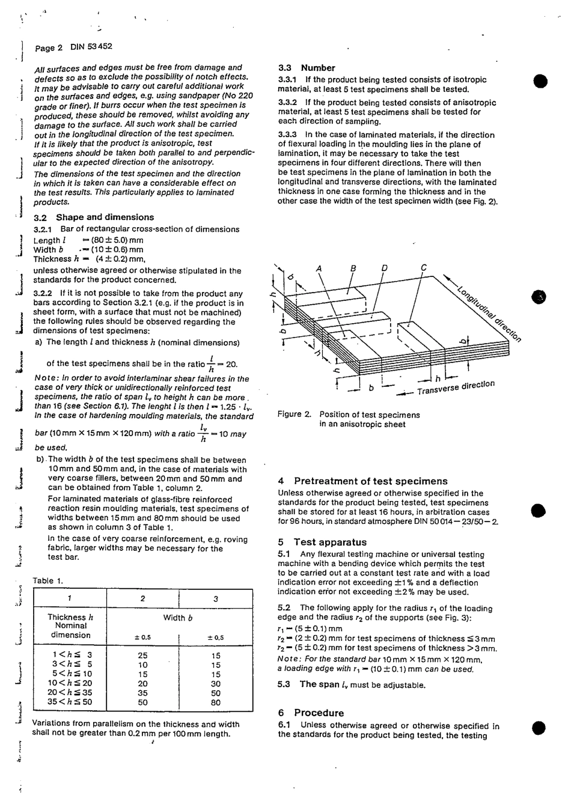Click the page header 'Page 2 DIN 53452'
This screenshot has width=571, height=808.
[x=73, y=47]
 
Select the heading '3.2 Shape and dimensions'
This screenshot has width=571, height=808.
[x=93, y=217]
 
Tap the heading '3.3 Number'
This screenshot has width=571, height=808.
[x=307, y=68]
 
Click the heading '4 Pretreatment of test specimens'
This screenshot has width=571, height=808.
[x=362, y=481]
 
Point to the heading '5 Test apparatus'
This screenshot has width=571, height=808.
[x=322, y=542]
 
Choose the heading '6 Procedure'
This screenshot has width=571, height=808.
[x=311, y=712]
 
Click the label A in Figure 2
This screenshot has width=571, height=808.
[x=319, y=268]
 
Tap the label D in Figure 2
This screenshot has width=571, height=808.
[x=384, y=268]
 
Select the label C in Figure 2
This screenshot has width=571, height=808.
[x=424, y=267]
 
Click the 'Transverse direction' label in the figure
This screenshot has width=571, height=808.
[x=456, y=388]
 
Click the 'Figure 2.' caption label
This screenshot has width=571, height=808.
[x=295, y=415]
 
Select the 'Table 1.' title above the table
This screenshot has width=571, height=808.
[x=47, y=580]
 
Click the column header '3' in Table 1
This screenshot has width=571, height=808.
[x=216, y=598]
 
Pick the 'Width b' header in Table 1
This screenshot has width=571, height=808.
[x=178, y=618]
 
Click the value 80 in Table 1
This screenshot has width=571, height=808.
[x=216, y=702]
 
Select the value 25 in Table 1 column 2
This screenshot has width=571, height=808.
[x=143, y=655]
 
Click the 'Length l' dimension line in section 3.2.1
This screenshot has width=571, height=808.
[x=88, y=240]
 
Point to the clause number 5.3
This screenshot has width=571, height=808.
[x=284, y=684]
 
